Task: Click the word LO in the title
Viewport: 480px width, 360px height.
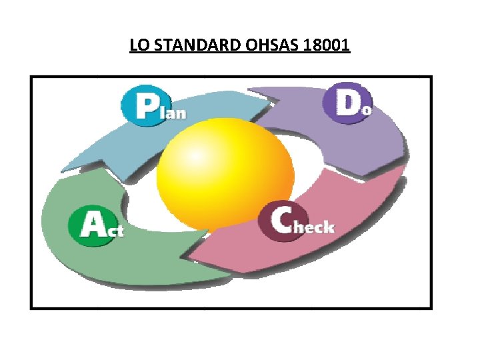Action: point(138,46)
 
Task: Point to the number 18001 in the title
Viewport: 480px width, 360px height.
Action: point(327,46)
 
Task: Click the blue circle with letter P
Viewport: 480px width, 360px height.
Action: point(142,105)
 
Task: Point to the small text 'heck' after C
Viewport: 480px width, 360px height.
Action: point(314,227)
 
